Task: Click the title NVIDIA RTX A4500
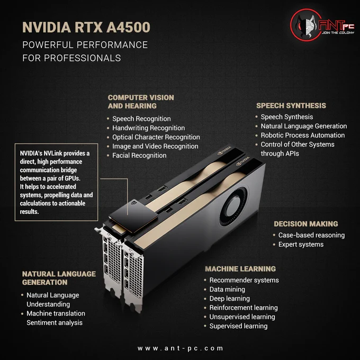[86, 28]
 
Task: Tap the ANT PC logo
[322, 25]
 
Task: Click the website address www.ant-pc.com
[180, 348]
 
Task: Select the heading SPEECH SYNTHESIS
[291, 105]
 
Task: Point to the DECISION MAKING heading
[306, 224]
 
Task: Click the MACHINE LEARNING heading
[240, 269]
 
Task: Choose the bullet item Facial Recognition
[139, 156]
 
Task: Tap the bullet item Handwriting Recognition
[148, 128]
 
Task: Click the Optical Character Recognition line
[156, 137]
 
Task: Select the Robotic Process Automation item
[303, 135]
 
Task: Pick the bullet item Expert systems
[301, 245]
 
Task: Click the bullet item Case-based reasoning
[311, 236]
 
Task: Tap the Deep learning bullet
[229, 299]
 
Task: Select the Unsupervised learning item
[242, 317]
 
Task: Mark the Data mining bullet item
[227, 289]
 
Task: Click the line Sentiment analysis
[55, 322]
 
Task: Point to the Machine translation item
[56, 313]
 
